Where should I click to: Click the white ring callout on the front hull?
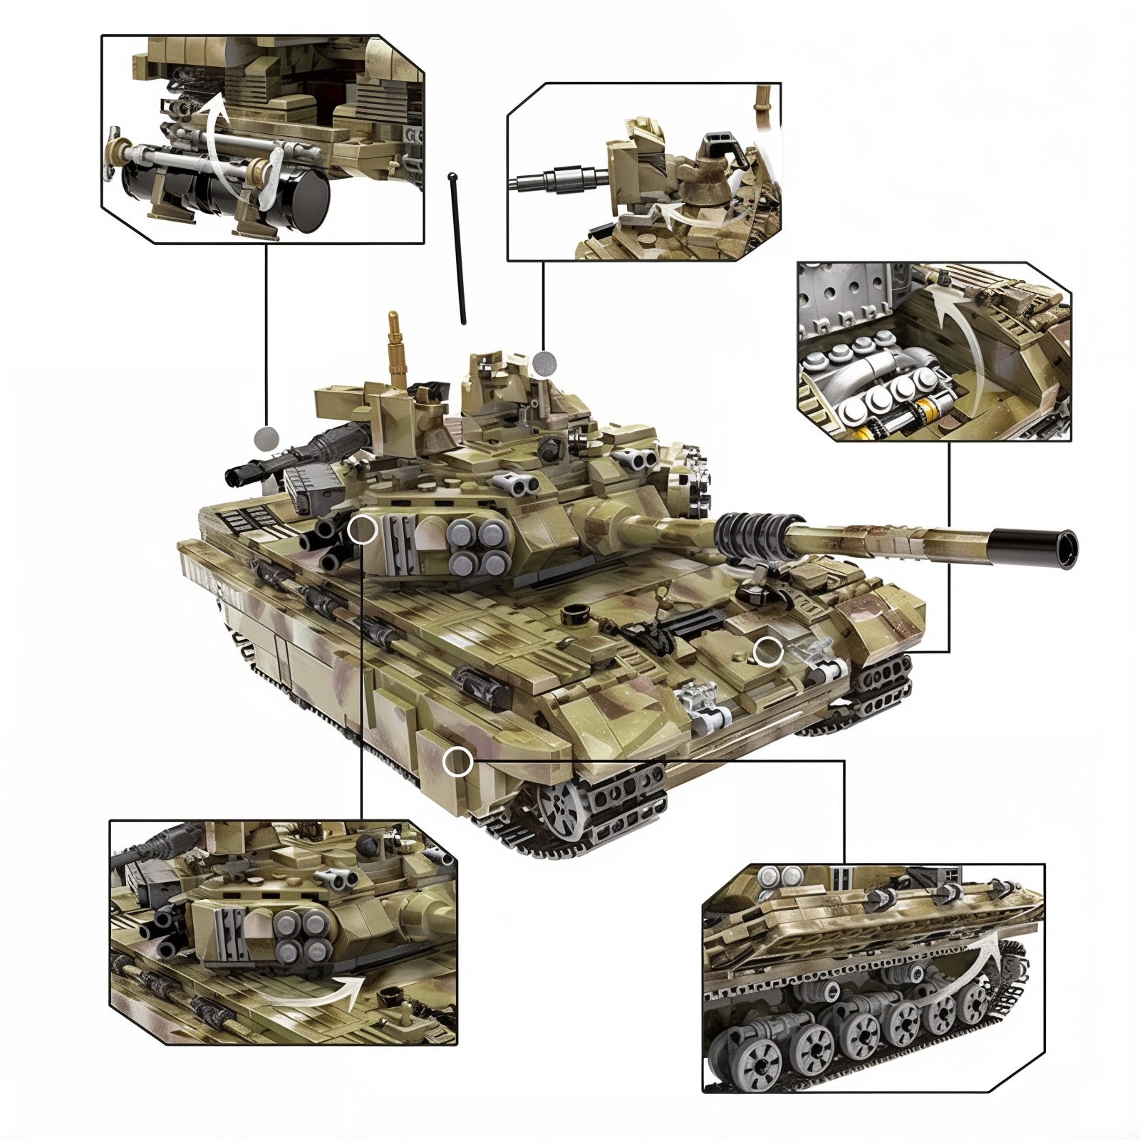tap(768, 651)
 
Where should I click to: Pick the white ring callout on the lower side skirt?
tap(457, 762)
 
